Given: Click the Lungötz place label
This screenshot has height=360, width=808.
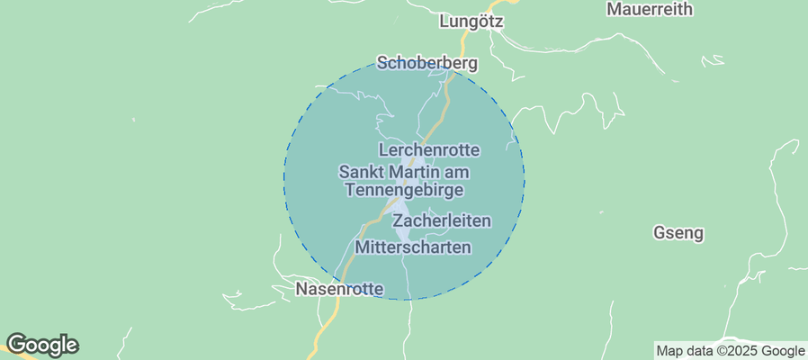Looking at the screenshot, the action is pyautogui.click(x=471, y=21).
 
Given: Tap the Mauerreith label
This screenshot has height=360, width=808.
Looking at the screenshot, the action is pyautogui.click(x=650, y=10).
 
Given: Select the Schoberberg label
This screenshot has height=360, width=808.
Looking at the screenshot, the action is pyautogui.click(x=426, y=64).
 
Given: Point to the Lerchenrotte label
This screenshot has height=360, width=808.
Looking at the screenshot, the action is pyautogui.click(x=429, y=149).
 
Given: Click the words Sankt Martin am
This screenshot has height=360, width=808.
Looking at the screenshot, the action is pyautogui.click(x=404, y=172).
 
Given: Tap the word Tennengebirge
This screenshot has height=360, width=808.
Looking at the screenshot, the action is pyautogui.click(x=404, y=190).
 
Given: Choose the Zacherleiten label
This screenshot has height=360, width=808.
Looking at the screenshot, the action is pyautogui.click(x=443, y=220).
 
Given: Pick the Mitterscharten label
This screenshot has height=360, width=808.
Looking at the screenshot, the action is pyautogui.click(x=413, y=247).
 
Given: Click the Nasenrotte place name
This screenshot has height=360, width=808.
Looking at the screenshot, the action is pyautogui.click(x=340, y=290).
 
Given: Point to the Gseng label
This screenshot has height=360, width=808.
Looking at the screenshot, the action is pyautogui.click(x=678, y=233).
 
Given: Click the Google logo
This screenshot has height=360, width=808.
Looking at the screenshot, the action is pyautogui.click(x=41, y=345).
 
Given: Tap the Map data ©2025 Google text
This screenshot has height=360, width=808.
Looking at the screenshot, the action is pyautogui.click(x=730, y=351).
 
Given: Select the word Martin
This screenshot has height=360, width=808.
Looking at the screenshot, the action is pyautogui.click(x=413, y=172).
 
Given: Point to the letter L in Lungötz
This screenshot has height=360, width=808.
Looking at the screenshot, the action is pyautogui.click(x=444, y=21).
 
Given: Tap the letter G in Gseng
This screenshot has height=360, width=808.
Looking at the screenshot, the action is pyautogui.click(x=658, y=233).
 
